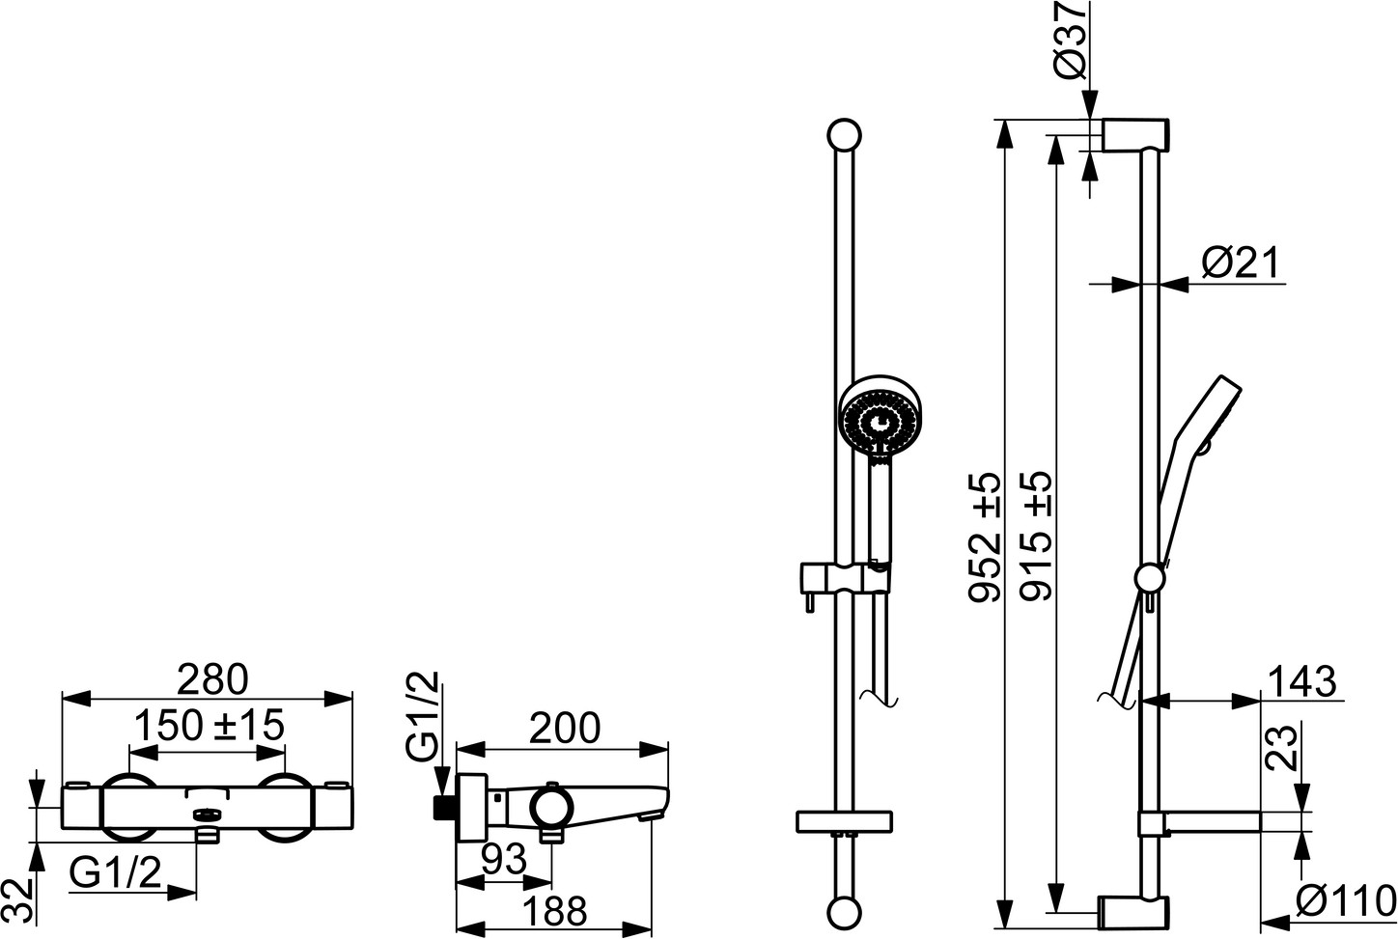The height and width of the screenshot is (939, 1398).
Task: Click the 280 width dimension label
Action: tap(212, 680)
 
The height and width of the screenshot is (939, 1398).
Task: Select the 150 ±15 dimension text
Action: tap(210, 725)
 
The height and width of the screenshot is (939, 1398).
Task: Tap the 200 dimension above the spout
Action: tap(565, 728)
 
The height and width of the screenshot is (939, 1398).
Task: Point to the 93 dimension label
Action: tap(504, 860)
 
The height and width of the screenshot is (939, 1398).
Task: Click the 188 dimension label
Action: tap(555, 911)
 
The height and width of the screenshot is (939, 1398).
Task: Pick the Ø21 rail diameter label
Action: tap(1241, 263)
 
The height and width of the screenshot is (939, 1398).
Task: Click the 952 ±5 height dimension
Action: tap(985, 538)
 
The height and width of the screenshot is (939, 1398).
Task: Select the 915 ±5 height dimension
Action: tap(1036, 538)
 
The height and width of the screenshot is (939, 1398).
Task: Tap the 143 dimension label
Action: tap(1303, 681)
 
